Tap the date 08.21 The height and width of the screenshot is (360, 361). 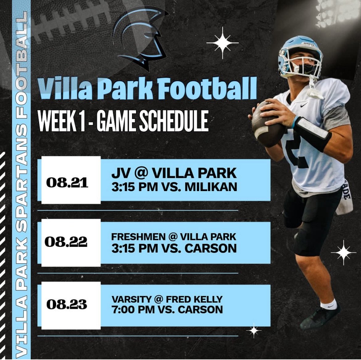point(67,183)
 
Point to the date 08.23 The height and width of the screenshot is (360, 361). point(67,305)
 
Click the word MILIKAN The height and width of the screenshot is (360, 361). point(211,187)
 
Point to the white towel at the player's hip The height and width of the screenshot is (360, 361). point(345,200)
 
